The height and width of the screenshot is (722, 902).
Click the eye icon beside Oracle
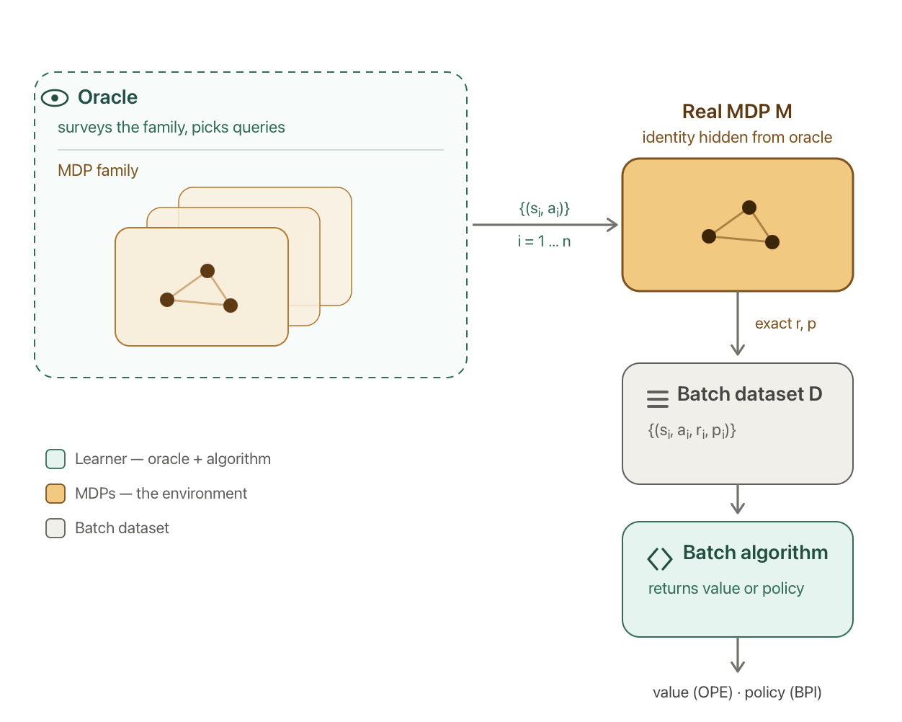point(55,98)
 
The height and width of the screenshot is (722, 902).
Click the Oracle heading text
point(108,97)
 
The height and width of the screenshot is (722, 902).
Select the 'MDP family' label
point(98,171)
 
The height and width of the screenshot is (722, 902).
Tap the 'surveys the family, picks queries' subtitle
point(171,127)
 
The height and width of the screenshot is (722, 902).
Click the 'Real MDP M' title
point(737,112)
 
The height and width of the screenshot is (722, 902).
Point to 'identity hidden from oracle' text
point(737,138)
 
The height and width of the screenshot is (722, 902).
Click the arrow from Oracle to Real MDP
point(545,225)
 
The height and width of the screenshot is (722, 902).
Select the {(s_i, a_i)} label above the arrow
point(545,209)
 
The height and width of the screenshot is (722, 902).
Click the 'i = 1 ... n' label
point(544,241)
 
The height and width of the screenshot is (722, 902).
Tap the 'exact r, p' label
point(785,324)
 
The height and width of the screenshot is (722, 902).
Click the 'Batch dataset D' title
point(750,394)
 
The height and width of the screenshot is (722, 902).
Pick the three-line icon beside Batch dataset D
point(658,398)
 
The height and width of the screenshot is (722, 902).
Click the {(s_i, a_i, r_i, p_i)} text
point(692,431)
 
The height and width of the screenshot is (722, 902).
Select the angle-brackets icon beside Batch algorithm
point(660,559)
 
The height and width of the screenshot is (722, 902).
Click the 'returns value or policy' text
point(726,589)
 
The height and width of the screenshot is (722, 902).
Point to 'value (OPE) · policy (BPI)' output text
point(737,692)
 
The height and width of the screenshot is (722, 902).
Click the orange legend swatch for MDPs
point(55,494)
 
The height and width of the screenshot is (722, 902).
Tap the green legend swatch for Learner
point(55,459)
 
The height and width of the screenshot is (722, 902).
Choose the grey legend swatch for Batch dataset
point(55,528)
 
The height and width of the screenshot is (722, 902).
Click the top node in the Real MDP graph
point(749,208)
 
